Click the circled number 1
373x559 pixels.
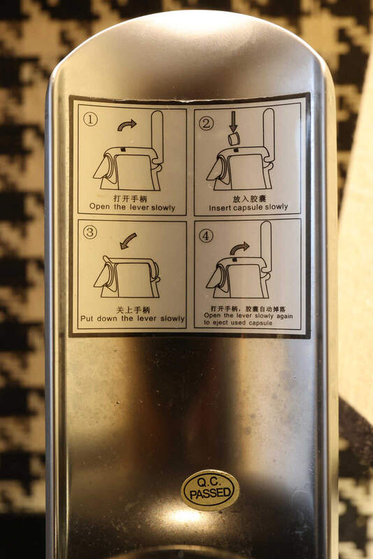90,119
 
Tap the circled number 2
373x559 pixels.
206,124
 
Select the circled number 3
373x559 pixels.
90,233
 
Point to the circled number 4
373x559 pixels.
206,235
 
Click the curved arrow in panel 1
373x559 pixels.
126,125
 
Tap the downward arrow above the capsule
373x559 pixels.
233,122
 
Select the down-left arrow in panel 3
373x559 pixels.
128,240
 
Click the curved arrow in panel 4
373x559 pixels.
240,248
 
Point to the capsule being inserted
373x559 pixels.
234,139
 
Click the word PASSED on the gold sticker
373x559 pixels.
210,494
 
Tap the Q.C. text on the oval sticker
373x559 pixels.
210,482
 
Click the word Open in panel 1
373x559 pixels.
100,206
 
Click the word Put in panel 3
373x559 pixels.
87,319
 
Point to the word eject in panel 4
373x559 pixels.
220,323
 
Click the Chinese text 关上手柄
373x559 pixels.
133,310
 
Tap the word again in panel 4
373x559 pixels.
284,316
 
